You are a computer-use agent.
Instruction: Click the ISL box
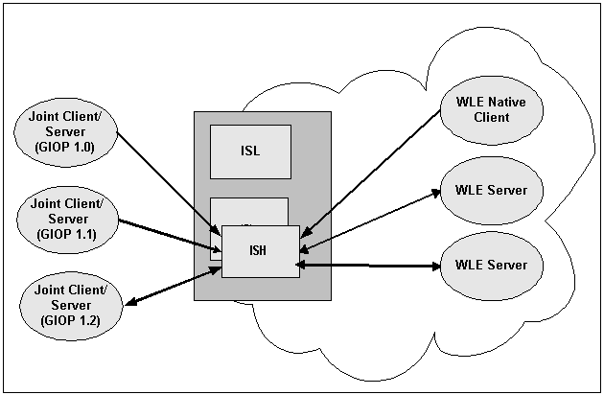pos(250,151)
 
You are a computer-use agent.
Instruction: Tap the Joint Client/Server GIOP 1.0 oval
pos(67,135)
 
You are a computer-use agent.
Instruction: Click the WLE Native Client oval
pos(490,108)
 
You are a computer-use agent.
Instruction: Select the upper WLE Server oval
pos(490,190)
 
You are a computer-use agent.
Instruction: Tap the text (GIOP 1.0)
pos(67,150)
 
